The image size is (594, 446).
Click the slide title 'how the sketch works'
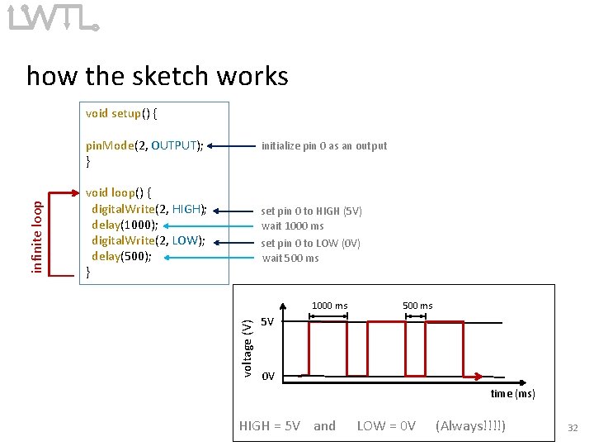coord(158,76)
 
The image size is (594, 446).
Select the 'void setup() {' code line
coord(123,113)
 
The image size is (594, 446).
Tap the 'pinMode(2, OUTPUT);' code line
coord(144,146)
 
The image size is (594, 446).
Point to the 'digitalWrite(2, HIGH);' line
coord(148,209)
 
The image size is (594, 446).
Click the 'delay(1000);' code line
coord(125,225)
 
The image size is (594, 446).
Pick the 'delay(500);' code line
coord(121,256)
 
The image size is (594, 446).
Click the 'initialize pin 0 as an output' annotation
coord(323,146)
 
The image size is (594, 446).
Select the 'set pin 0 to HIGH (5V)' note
coord(311,211)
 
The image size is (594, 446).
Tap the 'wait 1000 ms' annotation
coord(292,225)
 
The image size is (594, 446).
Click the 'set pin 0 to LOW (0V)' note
coord(310,243)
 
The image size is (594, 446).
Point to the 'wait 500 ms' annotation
coord(290,258)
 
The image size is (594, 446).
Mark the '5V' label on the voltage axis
coord(267,321)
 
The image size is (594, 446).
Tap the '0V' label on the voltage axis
coord(267,377)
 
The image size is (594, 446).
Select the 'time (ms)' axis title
coord(512,394)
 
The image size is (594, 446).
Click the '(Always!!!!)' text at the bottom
coord(470,426)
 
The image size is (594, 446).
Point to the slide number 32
coord(572,428)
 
